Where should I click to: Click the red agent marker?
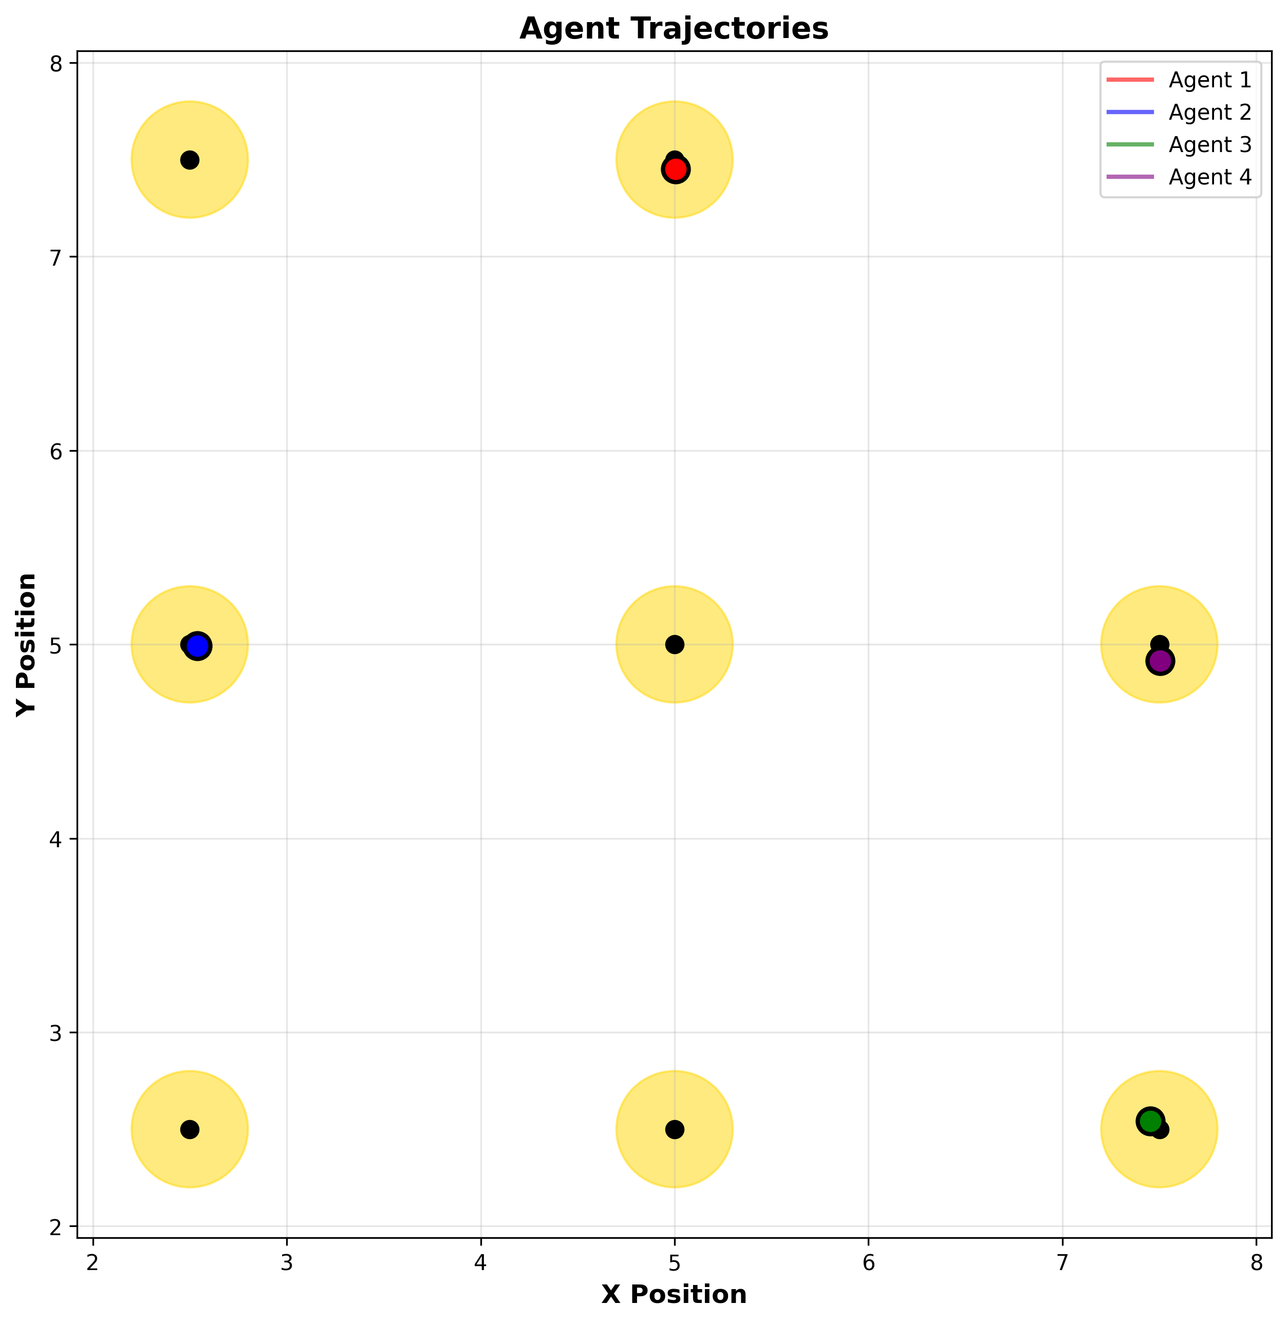click(675, 169)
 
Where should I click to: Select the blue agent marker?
click(197, 646)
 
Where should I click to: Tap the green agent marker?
click(1150, 1122)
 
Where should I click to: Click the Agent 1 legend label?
click(1210, 81)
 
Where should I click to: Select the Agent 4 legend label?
click(1210, 177)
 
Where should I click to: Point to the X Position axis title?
click(674, 1294)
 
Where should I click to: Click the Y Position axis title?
click(27, 645)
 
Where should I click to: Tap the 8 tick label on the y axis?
click(55, 64)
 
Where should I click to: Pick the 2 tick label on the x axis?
click(94, 1263)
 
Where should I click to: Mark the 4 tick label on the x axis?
click(480, 1263)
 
